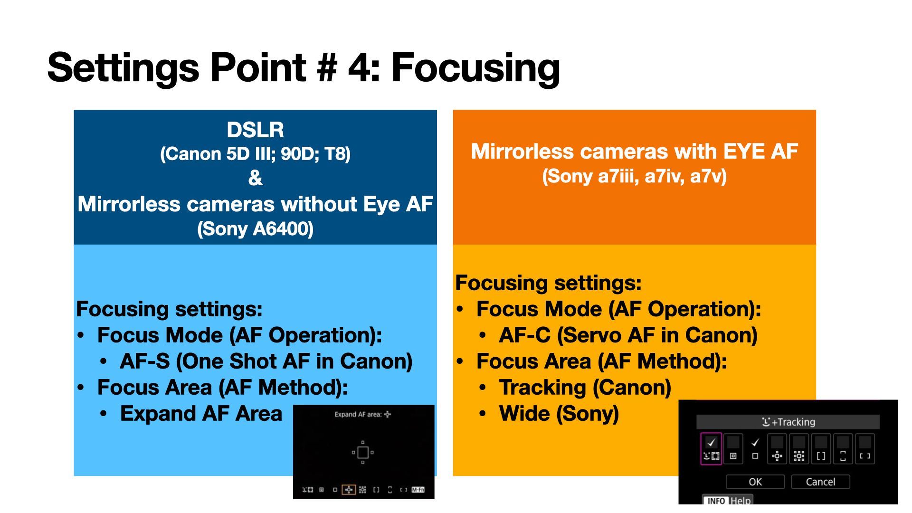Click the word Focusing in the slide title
tap(475, 68)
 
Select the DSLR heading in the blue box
tap(255, 130)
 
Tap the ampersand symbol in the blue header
tap(255, 178)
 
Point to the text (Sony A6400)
tap(255, 228)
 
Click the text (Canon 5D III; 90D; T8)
tap(255, 154)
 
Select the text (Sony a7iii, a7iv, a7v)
tap(634, 176)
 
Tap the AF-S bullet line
tap(266, 361)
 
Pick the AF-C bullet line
tap(628, 335)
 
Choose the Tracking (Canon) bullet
tap(585, 388)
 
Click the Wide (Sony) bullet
tap(559, 414)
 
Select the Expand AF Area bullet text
tap(201, 414)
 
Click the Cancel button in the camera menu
tap(820, 482)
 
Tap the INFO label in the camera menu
tap(716, 501)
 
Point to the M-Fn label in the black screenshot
tap(418, 490)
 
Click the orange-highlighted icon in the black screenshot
tap(349, 490)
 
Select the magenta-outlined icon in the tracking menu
tap(711, 448)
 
